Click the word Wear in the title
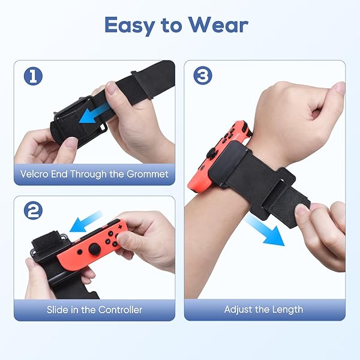pyautogui.click(x=218, y=25)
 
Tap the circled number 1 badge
pyautogui.click(x=33, y=76)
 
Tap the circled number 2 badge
pyautogui.click(x=33, y=211)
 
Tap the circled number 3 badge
pyautogui.click(x=203, y=75)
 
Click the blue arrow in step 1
pyautogui.click(x=94, y=113)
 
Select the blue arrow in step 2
pyautogui.click(x=86, y=222)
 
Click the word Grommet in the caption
pyautogui.click(x=148, y=174)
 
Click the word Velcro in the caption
pyautogui.click(x=34, y=174)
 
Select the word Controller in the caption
pyautogui.click(x=121, y=310)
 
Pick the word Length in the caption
pyautogui.click(x=287, y=310)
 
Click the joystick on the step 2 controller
pyautogui.click(x=94, y=248)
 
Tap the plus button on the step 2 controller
pyautogui.click(x=119, y=227)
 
